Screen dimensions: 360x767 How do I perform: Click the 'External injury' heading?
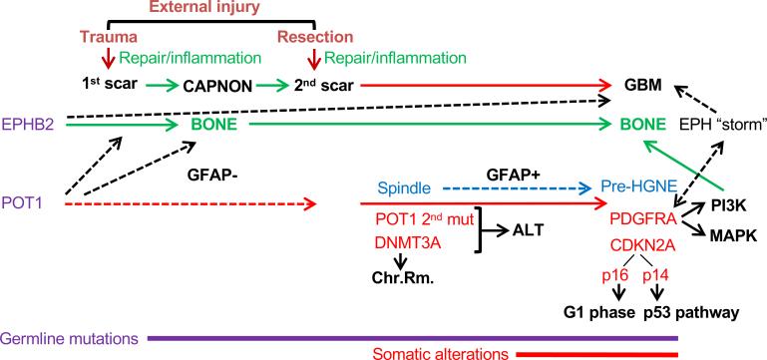click(x=205, y=8)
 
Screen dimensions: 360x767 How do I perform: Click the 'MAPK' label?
click(x=734, y=237)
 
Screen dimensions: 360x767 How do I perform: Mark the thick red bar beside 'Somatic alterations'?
click(x=595, y=353)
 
